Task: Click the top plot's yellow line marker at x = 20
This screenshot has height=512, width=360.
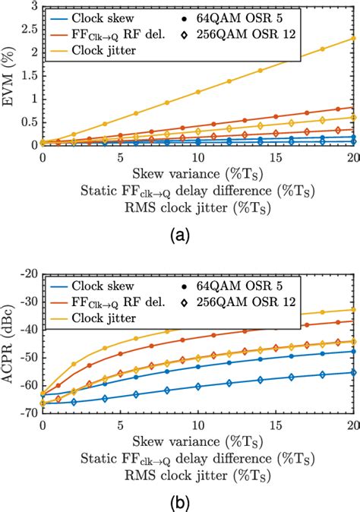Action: click(353, 38)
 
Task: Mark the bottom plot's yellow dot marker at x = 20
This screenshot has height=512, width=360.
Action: click(353, 309)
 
